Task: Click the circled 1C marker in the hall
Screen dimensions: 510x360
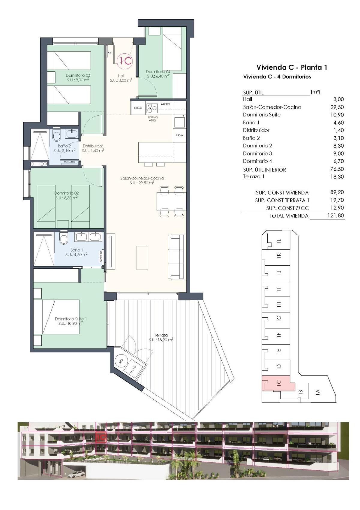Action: [x=124, y=61]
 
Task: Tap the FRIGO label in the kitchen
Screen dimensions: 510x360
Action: [x=138, y=108]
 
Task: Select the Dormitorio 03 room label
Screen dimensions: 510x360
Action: [x=78, y=75]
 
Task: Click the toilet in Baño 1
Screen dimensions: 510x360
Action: [x=64, y=239]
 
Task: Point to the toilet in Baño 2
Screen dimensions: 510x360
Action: [x=57, y=136]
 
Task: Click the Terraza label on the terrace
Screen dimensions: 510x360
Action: [x=161, y=335]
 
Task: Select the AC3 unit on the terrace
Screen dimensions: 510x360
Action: [x=121, y=361]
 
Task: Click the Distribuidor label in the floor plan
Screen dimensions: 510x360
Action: [x=93, y=146]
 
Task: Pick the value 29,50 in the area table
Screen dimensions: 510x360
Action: [x=338, y=107]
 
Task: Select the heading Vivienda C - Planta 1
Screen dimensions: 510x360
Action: [x=292, y=67]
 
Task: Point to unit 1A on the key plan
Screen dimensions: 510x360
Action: [x=317, y=391]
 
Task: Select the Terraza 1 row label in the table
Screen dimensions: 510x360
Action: [x=253, y=177]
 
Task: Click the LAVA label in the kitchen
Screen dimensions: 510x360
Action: [x=179, y=135]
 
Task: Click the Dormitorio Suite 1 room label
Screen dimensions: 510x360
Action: [x=71, y=319]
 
